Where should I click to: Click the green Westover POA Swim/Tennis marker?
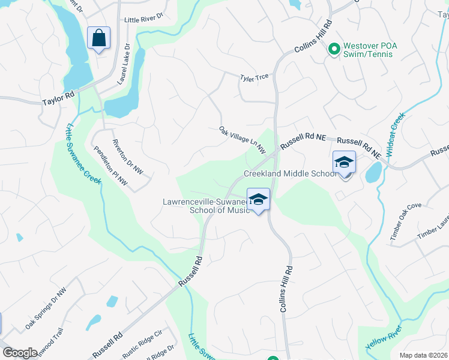334,47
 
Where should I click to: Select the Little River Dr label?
143,20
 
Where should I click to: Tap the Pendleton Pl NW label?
110,164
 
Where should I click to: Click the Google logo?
20,353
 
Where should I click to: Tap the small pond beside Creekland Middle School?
373,173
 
